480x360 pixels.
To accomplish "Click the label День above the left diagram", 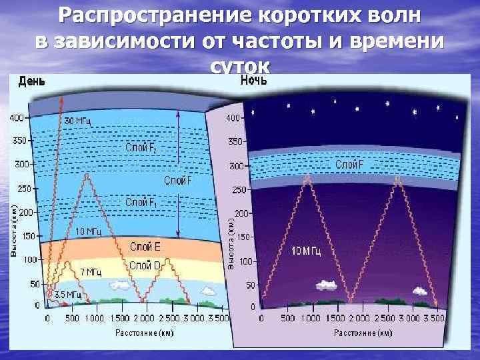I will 32,81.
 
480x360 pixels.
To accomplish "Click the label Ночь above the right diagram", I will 253,81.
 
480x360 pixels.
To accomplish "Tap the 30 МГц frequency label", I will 78,121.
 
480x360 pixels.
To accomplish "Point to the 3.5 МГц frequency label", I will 67,294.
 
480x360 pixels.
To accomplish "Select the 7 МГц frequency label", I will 91,272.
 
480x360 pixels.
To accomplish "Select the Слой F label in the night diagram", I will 349,164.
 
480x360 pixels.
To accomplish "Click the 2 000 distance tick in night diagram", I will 360,318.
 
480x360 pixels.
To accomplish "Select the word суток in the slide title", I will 240,67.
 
